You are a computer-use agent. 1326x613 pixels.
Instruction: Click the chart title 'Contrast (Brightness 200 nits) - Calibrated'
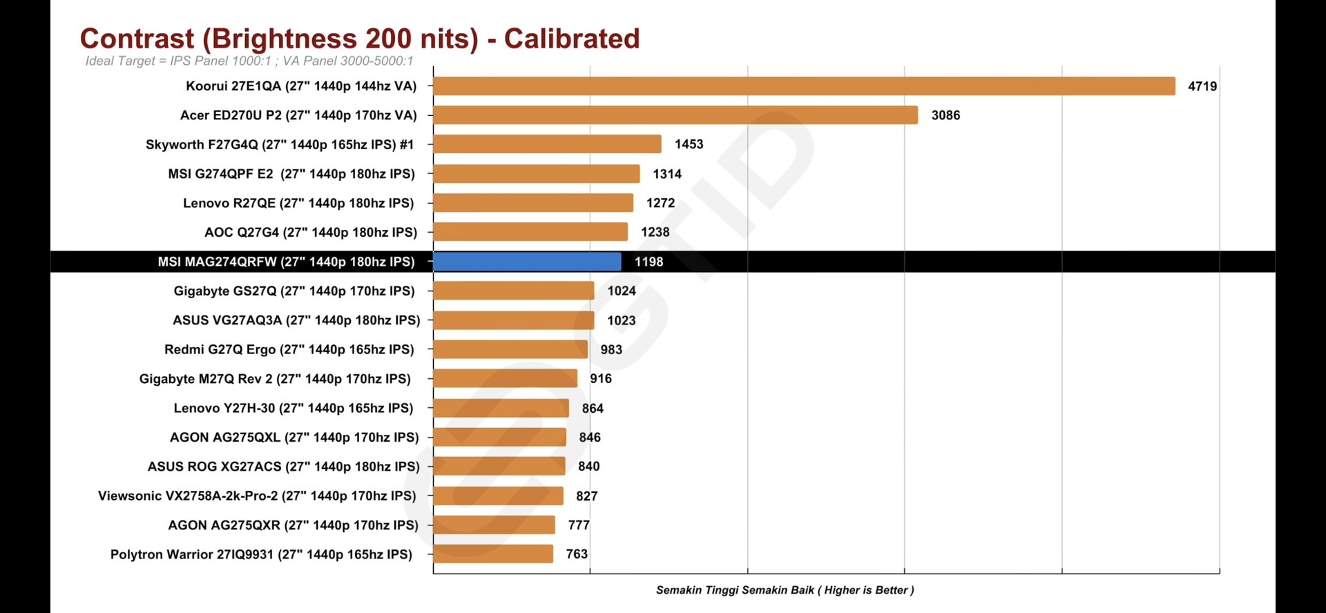(360, 39)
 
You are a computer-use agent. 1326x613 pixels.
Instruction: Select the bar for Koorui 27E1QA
(804, 86)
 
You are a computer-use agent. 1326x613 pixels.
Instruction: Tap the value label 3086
(945, 115)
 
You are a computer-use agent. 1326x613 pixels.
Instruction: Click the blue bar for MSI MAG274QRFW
(527, 262)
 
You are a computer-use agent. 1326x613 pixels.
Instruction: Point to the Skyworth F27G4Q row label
(280, 144)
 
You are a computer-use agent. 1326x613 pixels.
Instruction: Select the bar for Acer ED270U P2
(675, 115)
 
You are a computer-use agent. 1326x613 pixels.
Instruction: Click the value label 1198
(648, 262)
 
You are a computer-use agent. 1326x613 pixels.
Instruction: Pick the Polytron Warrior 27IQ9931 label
(261, 554)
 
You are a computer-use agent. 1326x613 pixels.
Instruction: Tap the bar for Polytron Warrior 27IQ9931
(493, 554)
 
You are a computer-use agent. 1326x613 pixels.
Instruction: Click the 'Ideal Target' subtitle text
(249, 61)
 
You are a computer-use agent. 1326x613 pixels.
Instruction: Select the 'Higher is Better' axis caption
(785, 590)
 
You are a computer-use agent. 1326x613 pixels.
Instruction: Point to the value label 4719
(1202, 86)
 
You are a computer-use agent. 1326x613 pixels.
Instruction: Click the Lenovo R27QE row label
(298, 203)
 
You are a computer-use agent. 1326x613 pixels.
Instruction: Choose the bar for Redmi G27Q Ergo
(510, 349)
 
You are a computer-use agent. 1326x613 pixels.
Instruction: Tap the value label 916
(601, 378)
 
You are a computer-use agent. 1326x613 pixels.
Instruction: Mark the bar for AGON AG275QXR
(494, 525)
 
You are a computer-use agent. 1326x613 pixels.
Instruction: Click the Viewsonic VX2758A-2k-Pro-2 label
(257, 496)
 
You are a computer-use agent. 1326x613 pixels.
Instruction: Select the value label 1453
(689, 144)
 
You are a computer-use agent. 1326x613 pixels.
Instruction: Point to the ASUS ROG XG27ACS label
(283, 467)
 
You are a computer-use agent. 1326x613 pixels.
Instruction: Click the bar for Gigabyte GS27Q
(513, 291)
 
